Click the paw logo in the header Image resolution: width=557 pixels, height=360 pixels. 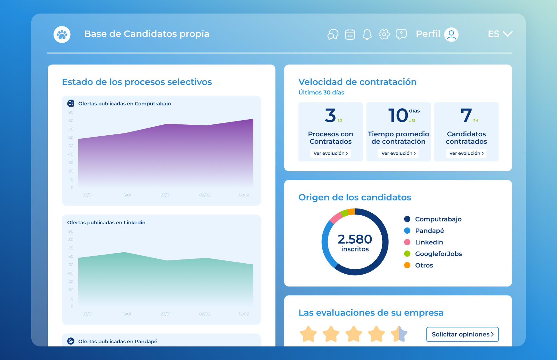pos(62,34)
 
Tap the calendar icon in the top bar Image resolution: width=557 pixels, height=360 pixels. pos(350,34)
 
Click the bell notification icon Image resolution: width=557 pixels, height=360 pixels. pos(367,34)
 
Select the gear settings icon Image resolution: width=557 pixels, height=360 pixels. pos(384,34)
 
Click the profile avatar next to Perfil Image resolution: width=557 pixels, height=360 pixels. pos(451,34)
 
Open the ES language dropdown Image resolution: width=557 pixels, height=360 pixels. pos(500,34)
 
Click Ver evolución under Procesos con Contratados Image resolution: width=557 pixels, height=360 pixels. pos(330,153)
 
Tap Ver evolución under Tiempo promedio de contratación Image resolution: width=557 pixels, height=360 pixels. pos(398,153)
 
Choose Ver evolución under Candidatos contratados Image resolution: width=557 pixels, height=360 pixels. pos(466,153)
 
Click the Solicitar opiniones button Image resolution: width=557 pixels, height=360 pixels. pos(462,334)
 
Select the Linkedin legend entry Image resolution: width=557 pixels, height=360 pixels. pos(429,242)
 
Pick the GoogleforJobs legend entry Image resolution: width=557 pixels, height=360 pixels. pos(438,254)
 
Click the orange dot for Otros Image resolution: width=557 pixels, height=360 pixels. pos(407,265)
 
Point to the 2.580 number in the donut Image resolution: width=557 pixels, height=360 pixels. pos(355,239)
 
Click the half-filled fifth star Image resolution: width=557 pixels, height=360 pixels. pos(399,334)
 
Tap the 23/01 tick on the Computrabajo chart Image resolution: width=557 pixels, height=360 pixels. pos(166,195)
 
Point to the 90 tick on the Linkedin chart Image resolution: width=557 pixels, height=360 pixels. pos(71,231)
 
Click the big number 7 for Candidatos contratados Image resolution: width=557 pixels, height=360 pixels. pos(466,115)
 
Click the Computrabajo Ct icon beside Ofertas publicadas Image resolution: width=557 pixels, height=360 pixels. pos(71,103)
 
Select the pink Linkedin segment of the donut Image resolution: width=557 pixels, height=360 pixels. pos(336,218)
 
